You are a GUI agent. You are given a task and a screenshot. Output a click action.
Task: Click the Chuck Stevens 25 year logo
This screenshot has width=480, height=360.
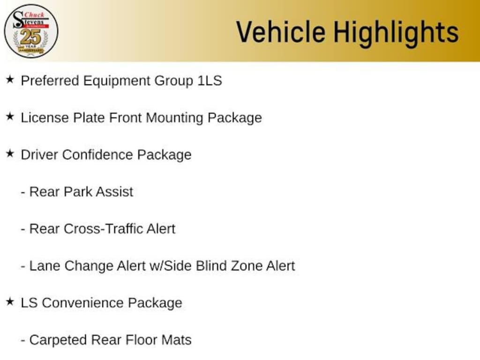(31, 31)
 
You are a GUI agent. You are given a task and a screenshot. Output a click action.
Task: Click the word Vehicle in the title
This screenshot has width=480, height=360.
(281, 32)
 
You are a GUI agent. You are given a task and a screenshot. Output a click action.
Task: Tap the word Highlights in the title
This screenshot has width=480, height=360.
(396, 33)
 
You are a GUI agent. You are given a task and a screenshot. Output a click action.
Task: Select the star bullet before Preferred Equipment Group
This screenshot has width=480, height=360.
(10, 80)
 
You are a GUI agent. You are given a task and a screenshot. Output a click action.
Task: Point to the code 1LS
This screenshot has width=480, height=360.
(210, 81)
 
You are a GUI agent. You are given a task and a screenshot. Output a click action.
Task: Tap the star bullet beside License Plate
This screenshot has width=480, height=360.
(10, 116)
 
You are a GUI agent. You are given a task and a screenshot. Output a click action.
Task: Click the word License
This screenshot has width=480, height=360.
(45, 118)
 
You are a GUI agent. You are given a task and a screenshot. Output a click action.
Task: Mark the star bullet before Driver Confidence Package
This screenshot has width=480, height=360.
(10, 153)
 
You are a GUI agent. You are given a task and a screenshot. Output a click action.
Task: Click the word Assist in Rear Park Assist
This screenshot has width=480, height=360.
(114, 192)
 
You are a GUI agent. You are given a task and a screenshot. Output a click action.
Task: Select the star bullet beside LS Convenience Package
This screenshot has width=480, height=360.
(10, 301)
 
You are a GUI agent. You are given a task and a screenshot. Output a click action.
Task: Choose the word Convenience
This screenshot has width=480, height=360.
(82, 303)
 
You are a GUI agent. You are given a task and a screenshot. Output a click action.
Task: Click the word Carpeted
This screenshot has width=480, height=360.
(58, 340)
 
